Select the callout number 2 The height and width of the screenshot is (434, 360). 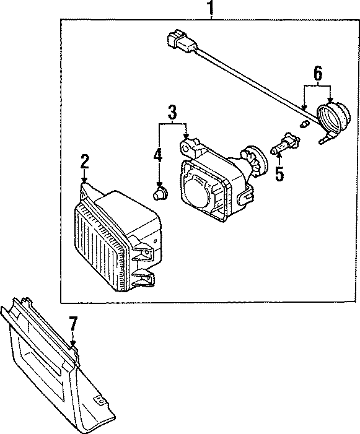(x=85, y=162)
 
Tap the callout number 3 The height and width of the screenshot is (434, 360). (x=172, y=113)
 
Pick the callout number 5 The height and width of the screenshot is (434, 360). (x=279, y=173)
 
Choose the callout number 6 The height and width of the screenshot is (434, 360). (x=317, y=74)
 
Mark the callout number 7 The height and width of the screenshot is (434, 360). (x=73, y=323)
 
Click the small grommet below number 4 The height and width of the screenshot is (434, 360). (x=160, y=195)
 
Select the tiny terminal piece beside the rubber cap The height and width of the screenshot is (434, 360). (x=304, y=125)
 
